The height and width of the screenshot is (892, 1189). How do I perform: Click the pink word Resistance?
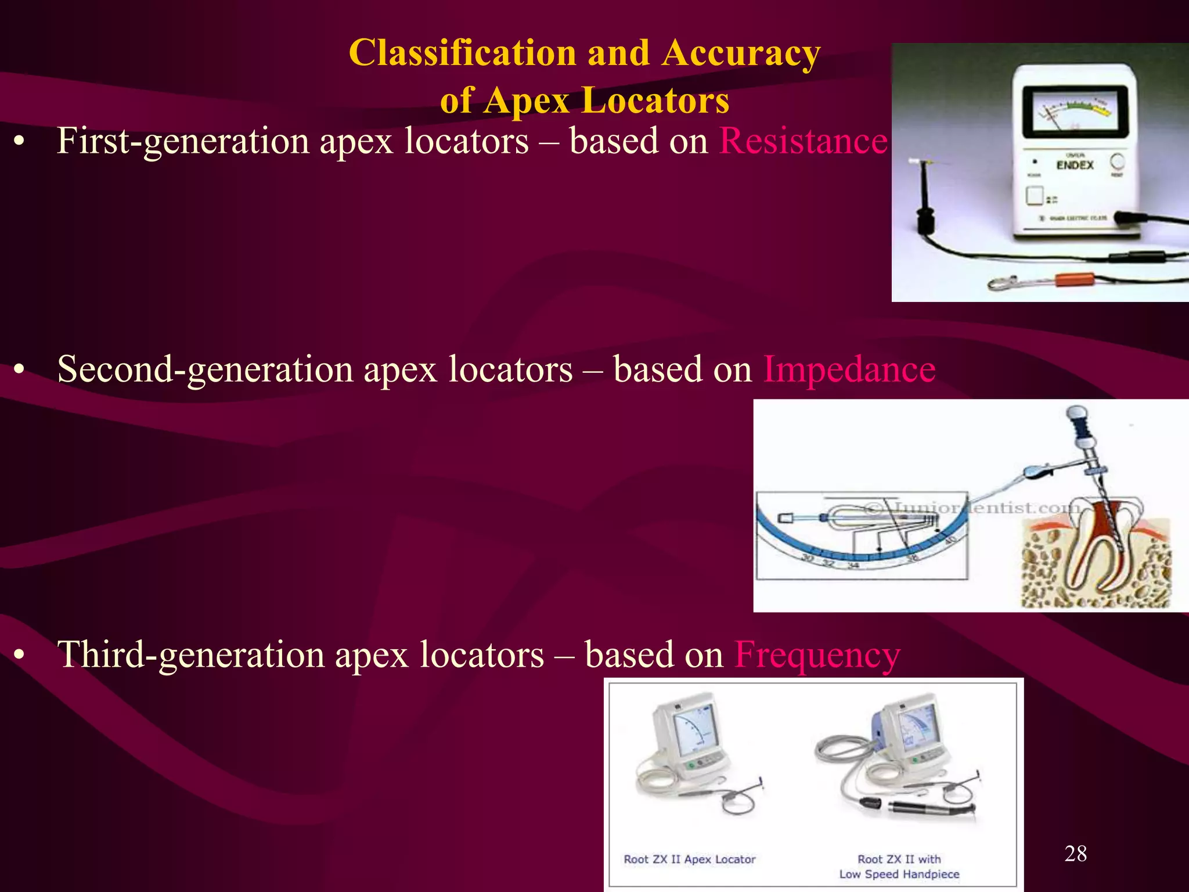(x=804, y=141)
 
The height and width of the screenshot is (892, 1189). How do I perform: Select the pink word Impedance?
(x=849, y=369)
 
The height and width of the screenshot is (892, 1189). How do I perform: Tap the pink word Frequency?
(x=817, y=655)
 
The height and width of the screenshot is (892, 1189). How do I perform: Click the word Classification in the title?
(x=462, y=53)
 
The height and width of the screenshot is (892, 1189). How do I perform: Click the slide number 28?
(x=1075, y=853)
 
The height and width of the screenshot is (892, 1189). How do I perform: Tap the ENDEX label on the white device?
(x=1075, y=165)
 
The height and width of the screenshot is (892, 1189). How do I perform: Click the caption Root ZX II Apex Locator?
(x=690, y=859)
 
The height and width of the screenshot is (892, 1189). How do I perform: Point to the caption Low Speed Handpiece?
(x=899, y=874)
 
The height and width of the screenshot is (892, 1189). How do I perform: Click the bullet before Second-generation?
(x=20, y=370)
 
